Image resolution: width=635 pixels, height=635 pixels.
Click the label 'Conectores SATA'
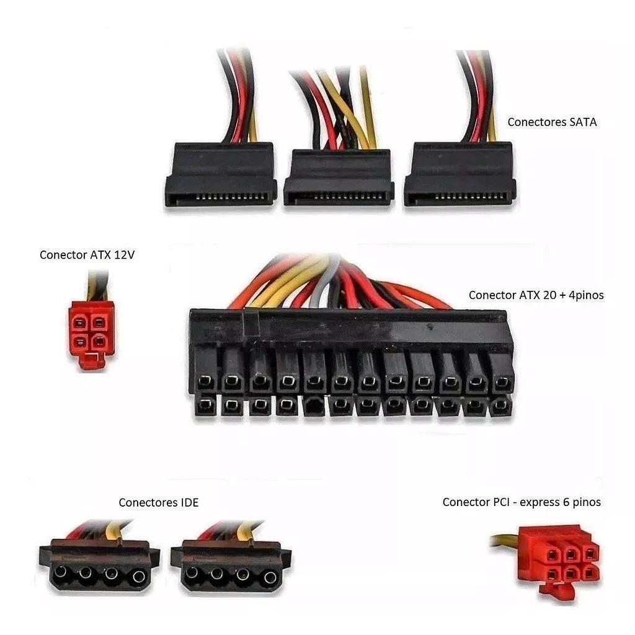552,122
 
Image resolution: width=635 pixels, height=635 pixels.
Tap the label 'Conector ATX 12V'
87,255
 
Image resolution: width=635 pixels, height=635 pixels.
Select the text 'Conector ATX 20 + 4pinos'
536,295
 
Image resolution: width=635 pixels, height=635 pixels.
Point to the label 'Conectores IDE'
159,502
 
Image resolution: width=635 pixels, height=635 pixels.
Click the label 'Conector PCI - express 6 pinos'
522,502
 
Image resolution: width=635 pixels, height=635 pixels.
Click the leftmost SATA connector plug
221,174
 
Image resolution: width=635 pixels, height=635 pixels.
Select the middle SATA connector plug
339,177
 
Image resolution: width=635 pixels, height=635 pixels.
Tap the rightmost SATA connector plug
460,174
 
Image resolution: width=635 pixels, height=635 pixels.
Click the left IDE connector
100,566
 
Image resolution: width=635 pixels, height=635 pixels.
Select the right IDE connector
231,566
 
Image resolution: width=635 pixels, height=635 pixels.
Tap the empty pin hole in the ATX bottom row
314,406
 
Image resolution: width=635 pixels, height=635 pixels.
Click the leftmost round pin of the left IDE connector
60,572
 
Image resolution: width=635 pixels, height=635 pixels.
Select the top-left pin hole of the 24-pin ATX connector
206,381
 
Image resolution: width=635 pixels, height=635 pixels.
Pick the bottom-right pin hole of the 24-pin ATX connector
500,405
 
